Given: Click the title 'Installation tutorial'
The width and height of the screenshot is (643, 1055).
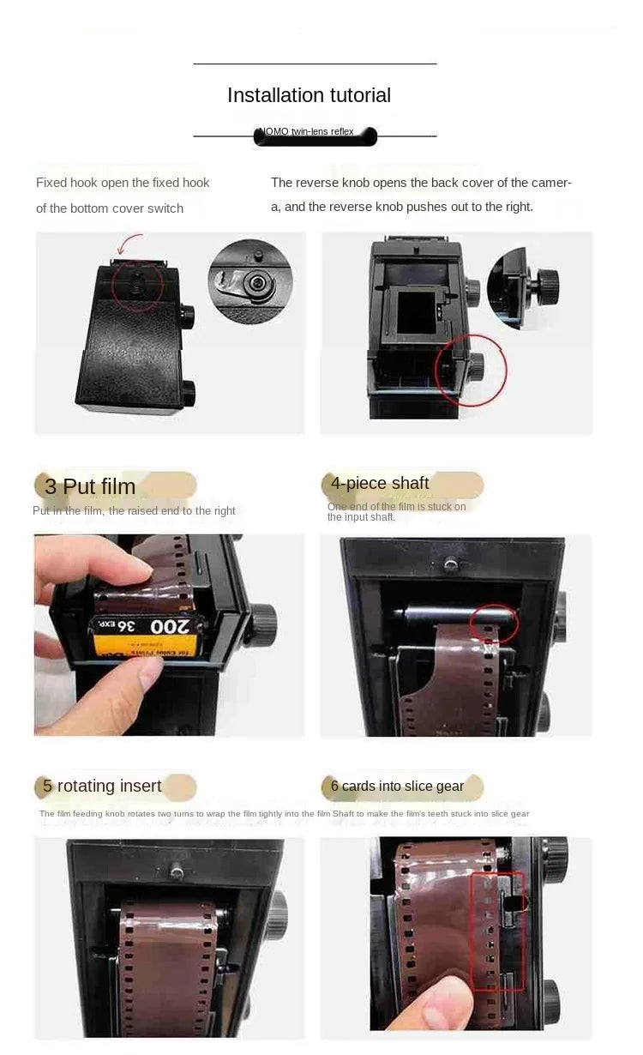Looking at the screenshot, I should (x=309, y=95).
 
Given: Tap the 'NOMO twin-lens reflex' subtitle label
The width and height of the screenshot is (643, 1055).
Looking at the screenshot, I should (x=315, y=132).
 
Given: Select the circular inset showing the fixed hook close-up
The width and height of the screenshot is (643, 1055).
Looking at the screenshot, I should (x=250, y=280).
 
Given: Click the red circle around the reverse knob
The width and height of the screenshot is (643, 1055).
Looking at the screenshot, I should (x=471, y=370).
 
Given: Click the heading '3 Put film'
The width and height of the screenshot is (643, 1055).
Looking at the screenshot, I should (x=90, y=486).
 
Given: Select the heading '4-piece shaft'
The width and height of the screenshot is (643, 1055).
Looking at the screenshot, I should (x=380, y=483).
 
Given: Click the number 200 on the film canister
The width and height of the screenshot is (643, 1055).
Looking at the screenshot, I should (x=169, y=627).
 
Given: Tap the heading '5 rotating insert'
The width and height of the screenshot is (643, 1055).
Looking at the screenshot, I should (x=102, y=786).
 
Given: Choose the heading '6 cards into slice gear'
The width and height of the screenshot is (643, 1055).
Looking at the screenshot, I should (x=397, y=786).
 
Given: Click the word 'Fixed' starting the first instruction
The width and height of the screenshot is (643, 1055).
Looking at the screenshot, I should (x=50, y=183).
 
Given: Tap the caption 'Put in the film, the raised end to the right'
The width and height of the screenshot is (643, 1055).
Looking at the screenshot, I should (x=134, y=511).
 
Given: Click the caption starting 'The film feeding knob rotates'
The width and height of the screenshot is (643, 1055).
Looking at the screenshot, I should (x=284, y=813).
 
